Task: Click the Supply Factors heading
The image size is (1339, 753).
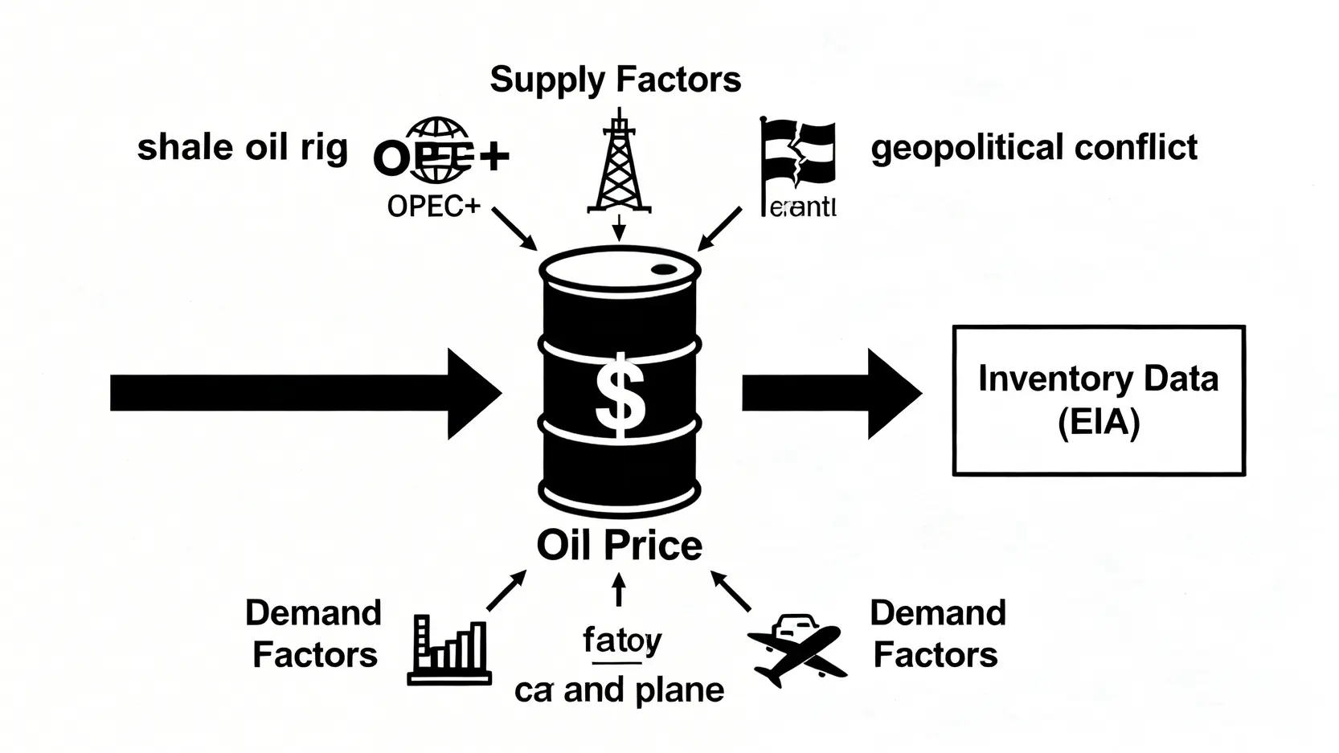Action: coord(615,80)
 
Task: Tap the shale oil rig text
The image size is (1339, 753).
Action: coord(243,148)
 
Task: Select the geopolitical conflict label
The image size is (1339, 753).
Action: coord(1034,148)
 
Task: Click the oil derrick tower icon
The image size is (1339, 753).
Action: coord(618,165)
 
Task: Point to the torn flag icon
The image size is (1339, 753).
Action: coord(797,157)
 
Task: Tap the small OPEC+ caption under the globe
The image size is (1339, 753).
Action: coord(434,207)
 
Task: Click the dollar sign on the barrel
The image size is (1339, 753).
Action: coord(619,395)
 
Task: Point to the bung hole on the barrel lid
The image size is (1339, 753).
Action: coord(665,270)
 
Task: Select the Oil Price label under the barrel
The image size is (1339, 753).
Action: coord(619,546)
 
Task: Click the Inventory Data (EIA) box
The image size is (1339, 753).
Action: coord(1098,400)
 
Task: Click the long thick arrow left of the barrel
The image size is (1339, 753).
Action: coord(305,394)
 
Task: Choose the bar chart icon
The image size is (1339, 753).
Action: coord(449,650)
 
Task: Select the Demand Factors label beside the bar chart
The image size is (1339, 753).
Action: coord(313,634)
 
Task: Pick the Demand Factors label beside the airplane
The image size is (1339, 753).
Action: coord(937,634)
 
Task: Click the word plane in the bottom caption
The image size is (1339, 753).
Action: coord(679,690)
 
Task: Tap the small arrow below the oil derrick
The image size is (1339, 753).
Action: coord(618,227)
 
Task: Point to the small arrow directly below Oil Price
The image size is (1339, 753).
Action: coord(618,591)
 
